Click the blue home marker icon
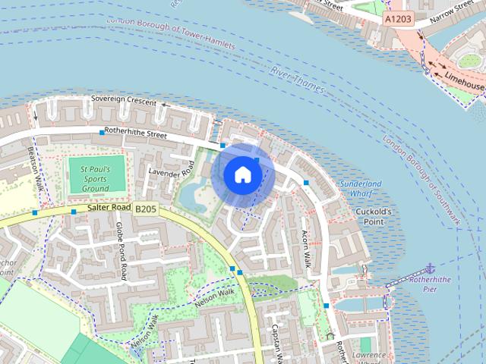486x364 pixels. click(242, 174)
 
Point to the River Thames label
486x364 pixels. click(298, 80)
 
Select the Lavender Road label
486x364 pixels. click(172, 163)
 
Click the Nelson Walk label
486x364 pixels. click(216, 293)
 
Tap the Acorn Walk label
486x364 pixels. click(307, 249)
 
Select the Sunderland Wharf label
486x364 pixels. click(361, 189)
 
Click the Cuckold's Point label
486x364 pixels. click(373, 216)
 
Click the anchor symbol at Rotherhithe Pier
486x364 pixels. click(430, 268)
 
